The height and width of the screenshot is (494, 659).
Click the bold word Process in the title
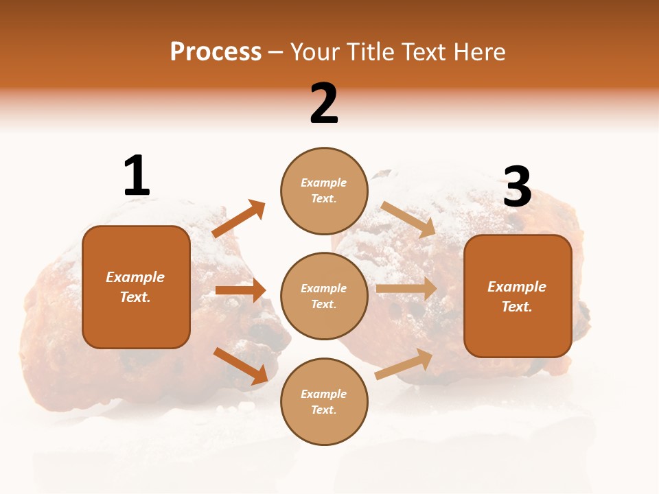pos(216,52)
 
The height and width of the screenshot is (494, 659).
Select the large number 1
pos(136,176)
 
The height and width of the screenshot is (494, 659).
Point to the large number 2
pos(324,103)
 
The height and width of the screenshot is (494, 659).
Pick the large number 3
pos(517,187)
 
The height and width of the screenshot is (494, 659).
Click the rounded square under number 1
pos(136,287)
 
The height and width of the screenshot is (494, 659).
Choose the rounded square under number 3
pos(518,296)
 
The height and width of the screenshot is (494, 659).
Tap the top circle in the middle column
pos(324,190)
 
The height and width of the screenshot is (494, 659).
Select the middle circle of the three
pos(324,296)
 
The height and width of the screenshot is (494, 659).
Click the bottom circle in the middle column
pos(324,401)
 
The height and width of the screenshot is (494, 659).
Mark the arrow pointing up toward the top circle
pos(238,218)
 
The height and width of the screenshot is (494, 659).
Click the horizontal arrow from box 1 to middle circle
pos(240,290)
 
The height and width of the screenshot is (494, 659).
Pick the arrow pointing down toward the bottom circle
pos(240,366)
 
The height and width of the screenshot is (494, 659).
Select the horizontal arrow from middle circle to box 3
pos(406,289)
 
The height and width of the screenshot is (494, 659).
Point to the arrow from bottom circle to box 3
pos(404,364)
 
